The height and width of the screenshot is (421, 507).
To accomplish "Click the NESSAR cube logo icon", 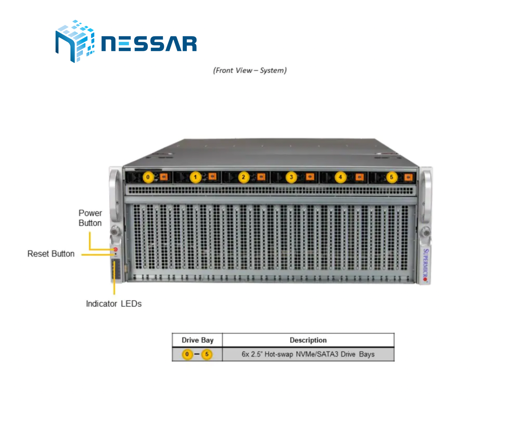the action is pos(75,41).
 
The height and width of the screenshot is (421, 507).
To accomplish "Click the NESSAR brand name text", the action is pos(149,44).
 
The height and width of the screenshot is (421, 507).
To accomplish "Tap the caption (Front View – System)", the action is pos(250,70).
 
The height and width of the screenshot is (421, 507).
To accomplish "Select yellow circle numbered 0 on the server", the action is pos(148,177).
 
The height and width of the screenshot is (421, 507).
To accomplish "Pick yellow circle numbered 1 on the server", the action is pos(195,177).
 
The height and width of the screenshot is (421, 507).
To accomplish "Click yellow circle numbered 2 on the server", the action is pos(244,177).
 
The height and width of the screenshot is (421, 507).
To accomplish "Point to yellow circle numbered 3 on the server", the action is pos(291,177).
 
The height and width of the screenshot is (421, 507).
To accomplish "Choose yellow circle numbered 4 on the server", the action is pos(340,177).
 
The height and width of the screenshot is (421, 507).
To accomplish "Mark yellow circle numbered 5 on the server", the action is pos(392,177).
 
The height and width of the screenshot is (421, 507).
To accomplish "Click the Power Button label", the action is pos(90,218).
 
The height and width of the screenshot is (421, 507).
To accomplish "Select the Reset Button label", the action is pos(51,254).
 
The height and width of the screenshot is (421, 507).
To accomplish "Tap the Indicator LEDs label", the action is pos(114,304).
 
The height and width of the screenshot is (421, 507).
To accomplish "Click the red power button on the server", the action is pos(115,249).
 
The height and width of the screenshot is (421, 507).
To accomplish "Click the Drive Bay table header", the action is pos(198,340).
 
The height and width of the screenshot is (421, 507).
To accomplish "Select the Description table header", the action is pos(308,340).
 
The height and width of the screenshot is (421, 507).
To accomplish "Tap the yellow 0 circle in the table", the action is pos(187,354).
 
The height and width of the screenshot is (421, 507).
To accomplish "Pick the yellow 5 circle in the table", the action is pos(207,354).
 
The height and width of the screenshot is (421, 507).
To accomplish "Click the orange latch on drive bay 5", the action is pos(408,177).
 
